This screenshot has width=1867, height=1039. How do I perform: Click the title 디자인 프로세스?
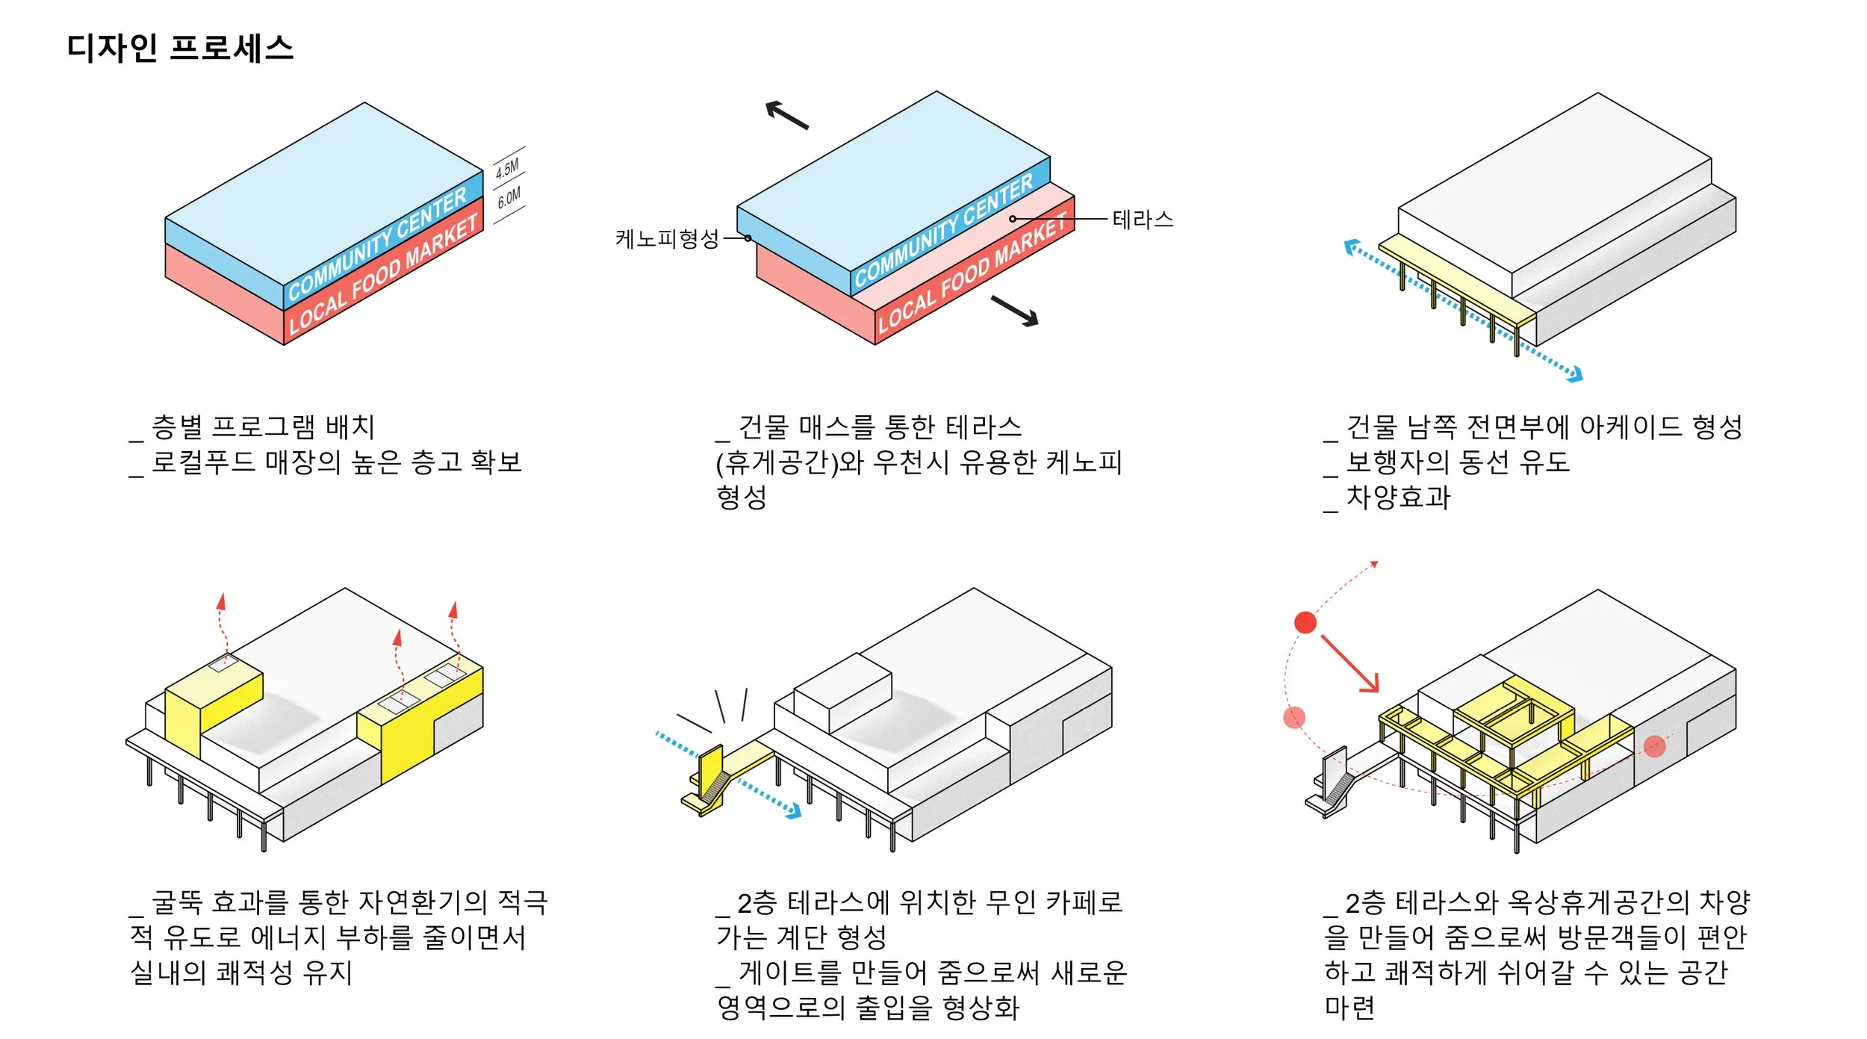click(x=180, y=49)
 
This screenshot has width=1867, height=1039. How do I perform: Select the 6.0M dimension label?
click(x=509, y=197)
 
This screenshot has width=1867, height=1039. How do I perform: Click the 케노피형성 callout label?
click(x=666, y=239)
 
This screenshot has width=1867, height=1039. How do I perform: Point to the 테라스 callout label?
click(x=1143, y=220)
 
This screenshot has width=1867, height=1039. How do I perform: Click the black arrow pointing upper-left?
click(x=787, y=115)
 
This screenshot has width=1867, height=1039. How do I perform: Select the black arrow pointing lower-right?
click(x=1015, y=311)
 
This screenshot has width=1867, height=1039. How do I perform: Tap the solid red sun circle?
click(x=1305, y=622)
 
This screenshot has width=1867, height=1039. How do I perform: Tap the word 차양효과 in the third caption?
click(x=1398, y=497)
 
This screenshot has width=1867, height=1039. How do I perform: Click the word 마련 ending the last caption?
click(x=1349, y=1008)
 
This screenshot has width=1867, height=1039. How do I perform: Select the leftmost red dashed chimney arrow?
click(x=222, y=627)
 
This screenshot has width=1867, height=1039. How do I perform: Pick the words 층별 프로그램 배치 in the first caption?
click(x=263, y=427)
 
